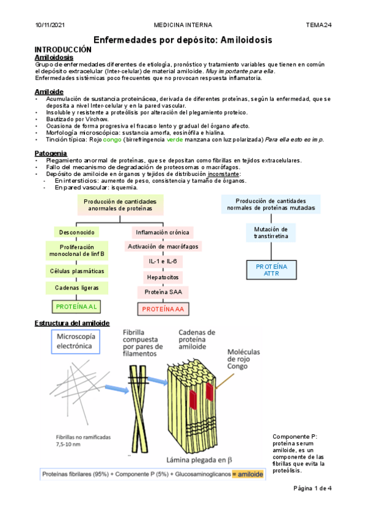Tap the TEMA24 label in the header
(x=318, y=25)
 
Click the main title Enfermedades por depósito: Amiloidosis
(x=183, y=40)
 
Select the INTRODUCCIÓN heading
(x=63, y=49)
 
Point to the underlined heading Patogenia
(x=51, y=153)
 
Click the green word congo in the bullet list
(x=112, y=139)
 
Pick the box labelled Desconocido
(x=77, y=233)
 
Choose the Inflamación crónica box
(x=163, y=232)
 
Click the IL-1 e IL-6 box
(x=163, y=261)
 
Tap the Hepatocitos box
(x=163, y=277)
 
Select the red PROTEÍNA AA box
(x=163, y=309)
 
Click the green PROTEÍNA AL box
(x=77, y=306)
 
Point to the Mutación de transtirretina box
(x=271, y=232)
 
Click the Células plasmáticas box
(x=77, y=271)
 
